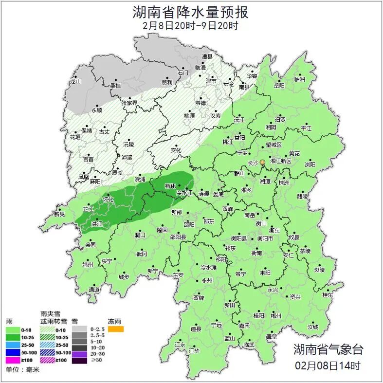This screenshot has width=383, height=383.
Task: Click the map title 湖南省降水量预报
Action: pos(191,11)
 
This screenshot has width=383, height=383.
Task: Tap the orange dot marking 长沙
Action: pos(262,162)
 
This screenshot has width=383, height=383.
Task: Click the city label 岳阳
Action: pos(279,86)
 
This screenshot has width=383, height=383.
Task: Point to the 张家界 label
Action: pos(129,103)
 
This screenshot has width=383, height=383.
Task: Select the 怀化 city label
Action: pos(108,200)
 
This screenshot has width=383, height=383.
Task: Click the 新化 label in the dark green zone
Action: pos(170,186)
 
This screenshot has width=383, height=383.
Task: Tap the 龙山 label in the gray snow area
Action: pos(75,82)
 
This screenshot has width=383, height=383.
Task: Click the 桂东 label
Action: pos(328,294)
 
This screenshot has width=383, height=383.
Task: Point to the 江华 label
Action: pos(194,350)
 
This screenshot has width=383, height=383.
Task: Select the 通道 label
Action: pos(94,290)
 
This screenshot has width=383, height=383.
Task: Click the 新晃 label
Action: pos(59,214)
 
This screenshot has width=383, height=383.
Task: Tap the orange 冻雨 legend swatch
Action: pos(116,329)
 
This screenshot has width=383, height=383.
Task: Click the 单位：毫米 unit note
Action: pos(22,370)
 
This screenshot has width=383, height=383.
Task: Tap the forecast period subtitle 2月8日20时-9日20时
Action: pos(191,26)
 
